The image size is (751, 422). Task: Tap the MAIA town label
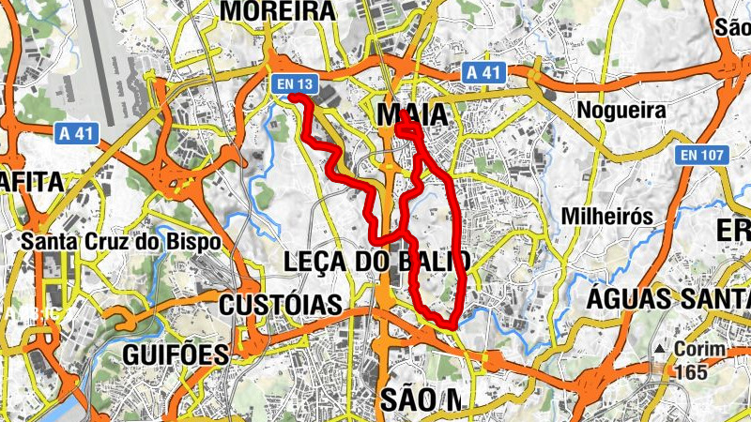click(x=410, y=114)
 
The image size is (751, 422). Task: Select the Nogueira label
click(x=621, y=110)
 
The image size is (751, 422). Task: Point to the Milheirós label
click(x=606, y=216)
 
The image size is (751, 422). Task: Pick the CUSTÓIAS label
click(x=280, y=305)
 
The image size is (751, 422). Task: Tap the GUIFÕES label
click(x=176, y=354)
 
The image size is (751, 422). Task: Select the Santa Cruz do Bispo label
click(x=121, y=241)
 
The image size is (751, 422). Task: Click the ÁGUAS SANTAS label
click(x=668, y=299)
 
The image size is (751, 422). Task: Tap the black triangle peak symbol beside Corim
click(x=662, y=350)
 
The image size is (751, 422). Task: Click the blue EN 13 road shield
click(x=293, y=84)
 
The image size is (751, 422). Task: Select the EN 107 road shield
click(x=702, y=154)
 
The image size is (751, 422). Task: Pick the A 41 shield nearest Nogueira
click(x=484, y=72)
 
